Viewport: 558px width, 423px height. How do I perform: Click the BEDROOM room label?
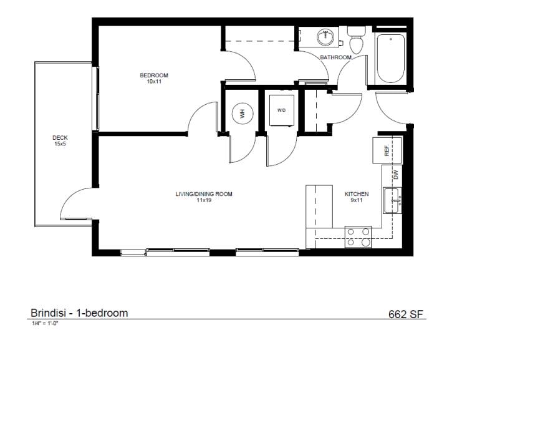153,75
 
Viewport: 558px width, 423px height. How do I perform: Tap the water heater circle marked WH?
241,114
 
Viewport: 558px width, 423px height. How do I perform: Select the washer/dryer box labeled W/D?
281,110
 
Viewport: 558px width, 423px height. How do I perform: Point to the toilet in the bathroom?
357,42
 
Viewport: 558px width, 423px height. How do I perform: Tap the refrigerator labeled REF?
387,150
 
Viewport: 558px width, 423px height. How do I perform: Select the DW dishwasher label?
395,175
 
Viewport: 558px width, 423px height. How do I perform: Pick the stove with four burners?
358,236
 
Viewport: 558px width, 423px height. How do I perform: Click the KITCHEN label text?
357,194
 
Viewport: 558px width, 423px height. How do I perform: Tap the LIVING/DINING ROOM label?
204,194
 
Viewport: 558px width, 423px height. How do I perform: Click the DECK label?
60,138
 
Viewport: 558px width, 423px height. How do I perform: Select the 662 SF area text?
406,314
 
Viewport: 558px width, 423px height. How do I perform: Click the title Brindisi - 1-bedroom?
79,313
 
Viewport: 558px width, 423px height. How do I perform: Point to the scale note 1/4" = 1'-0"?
44,323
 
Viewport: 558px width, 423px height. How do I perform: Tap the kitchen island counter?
319,207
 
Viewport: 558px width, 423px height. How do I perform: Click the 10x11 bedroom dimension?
153,82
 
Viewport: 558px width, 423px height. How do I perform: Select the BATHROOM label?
335,57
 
